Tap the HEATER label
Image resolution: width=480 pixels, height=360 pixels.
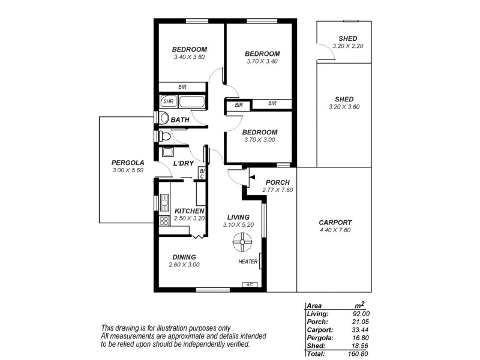pos(248,262)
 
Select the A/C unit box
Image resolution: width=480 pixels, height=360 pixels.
pos(249,285)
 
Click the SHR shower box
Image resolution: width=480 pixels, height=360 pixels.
pos(168,101)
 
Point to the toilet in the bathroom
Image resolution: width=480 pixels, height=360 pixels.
pos(164,119)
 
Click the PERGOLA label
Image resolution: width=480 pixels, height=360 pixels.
pos(128,163)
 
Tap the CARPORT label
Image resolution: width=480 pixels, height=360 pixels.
pos(335,222)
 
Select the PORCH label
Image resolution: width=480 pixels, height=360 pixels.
pos(277,182)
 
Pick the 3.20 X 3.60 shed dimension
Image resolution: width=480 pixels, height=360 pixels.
pos(344,107)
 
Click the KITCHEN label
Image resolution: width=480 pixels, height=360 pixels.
pos(190,211)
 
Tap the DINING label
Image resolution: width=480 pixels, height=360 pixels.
pos(183,257)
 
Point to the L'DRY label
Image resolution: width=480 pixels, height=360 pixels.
pos(182,163)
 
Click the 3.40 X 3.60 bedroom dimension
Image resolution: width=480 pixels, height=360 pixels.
pos(190,57)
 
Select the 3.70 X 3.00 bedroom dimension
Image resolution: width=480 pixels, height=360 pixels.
pos(260,140)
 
